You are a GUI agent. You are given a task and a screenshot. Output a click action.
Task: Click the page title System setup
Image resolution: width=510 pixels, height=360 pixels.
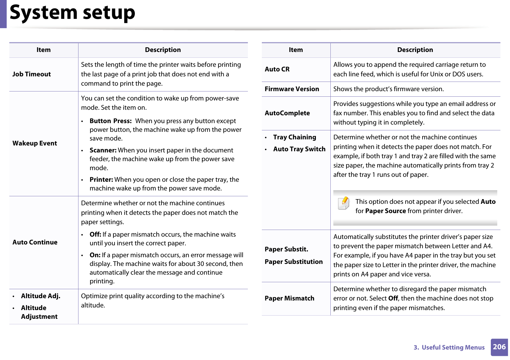pyautogui.click(x=72, y=13)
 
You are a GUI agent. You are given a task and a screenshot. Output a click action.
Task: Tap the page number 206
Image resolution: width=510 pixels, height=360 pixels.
pyautogui.click(x=499, y=347)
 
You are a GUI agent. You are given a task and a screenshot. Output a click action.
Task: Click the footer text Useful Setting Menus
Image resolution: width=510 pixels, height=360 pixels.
pyautogui.click(x=453, y=348)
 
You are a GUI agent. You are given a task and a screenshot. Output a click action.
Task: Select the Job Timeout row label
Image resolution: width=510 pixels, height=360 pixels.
pyautogui.click(x=32, y=74)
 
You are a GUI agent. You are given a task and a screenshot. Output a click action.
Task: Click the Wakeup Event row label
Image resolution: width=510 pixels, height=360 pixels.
pyautogui.click(x=35, y=143)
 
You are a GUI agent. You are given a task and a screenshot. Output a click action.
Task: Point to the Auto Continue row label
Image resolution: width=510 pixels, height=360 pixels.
pyautogui.click(x=35, y=242)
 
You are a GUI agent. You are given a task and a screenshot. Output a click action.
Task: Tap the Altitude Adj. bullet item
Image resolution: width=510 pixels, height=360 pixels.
pyautogui.click(x=40, y=296)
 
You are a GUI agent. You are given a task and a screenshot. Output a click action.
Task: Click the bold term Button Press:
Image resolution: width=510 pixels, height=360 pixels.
pyautogui.click(x=110, y=121)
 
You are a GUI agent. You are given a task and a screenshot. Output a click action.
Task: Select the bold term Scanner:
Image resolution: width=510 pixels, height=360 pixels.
pyautogui.click(x=103, y=150)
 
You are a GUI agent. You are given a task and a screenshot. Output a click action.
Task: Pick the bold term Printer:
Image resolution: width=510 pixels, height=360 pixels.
pyautogui.click(x=101, y=180)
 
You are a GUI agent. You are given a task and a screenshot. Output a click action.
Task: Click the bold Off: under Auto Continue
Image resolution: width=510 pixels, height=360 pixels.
pyautogui.click(x=95, y=235)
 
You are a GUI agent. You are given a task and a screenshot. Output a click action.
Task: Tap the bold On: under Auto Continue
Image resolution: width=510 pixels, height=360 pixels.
pyautogui.click(x=95, y=255)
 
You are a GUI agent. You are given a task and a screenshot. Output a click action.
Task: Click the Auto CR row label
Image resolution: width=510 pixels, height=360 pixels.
pyautogui.click(x=277, y=69)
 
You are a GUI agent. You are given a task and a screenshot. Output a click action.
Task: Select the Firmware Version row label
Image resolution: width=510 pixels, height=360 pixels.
pyautogui.click(x=292, y=89)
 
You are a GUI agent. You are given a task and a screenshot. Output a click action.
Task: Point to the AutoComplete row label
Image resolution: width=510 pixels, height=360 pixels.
pyautogui.click(x=287, y=113)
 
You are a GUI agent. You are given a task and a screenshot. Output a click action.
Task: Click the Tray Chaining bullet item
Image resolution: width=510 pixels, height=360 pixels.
pyautogui.click(x=294, y=137)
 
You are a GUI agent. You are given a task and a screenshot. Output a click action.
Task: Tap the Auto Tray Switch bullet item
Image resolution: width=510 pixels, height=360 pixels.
pyautogui.click(x=299, y=149)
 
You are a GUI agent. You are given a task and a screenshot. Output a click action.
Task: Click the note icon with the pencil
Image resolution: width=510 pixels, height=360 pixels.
pyautogui.click(x=344, y=203)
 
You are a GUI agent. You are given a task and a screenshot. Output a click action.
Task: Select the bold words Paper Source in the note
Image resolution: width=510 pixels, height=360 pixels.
pyautogui.click(x=385, y=211)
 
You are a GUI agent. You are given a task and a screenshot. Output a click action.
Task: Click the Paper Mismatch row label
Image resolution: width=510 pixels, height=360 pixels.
pyautogui.click(x=289, y=298)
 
